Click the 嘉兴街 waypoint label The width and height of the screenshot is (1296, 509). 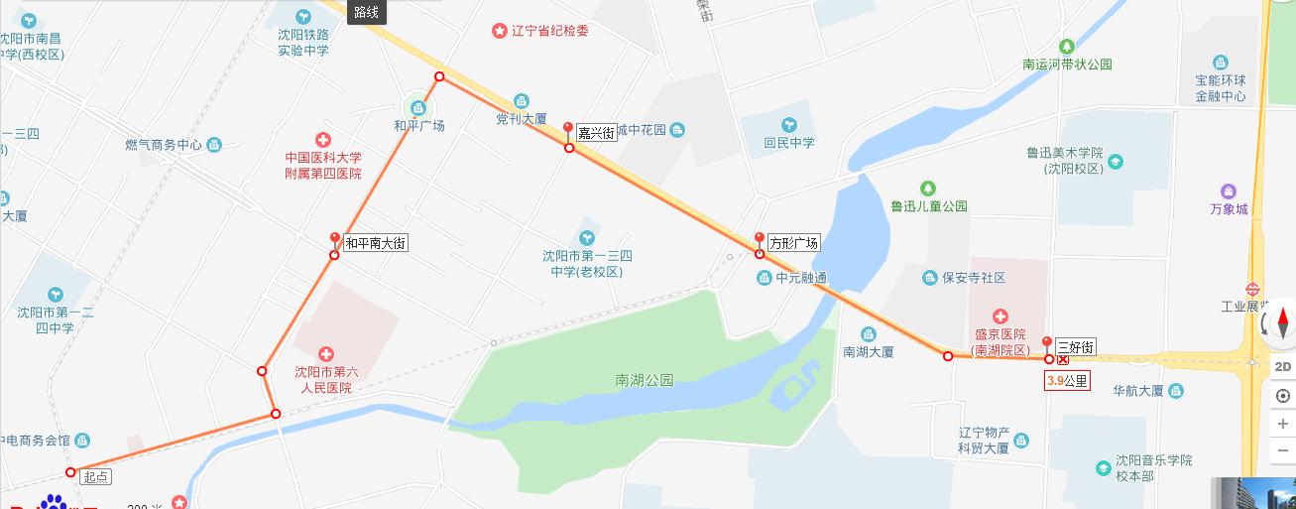coord(597,133)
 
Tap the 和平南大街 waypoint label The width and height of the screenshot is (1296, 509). coord(376,242)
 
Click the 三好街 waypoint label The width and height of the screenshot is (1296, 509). coord(1075,346)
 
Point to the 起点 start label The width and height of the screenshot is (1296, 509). coord(96,477)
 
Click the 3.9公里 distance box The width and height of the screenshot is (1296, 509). coord(1067,380)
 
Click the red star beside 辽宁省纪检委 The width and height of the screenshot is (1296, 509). coord(500,31)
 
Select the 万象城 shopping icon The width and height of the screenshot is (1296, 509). coord(1229,191)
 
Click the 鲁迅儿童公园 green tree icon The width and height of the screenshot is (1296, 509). coord(928,188)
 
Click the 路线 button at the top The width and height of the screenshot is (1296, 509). coord(367,12)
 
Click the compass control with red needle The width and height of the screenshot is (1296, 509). coord(1282,324)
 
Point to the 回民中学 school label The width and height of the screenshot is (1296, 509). coord(789,143)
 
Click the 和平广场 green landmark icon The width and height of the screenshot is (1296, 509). coord(418,107)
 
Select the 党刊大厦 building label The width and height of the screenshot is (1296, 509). coord(522,118)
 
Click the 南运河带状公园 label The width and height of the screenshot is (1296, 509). coord(1067,64)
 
